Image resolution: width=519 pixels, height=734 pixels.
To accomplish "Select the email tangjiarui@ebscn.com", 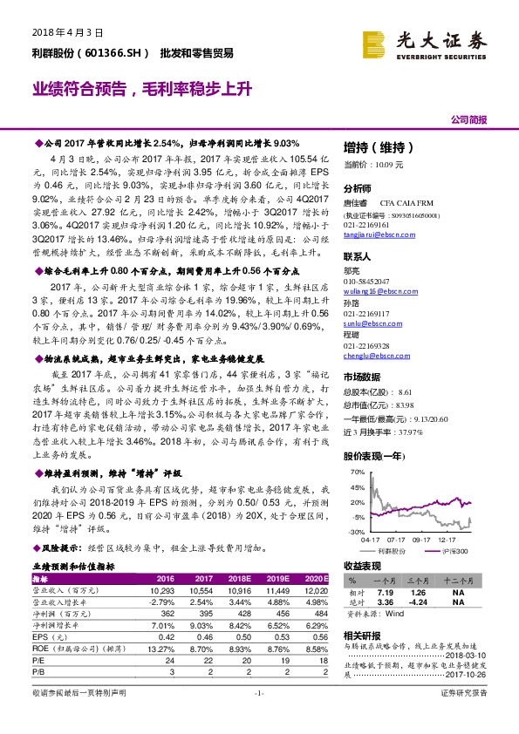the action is [375, 221].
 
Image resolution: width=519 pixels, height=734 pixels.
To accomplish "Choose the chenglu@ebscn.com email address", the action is [372, 355].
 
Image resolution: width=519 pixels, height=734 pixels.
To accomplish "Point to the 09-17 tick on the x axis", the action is [424, 540].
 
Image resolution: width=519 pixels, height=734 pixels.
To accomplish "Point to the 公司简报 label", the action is [468, 119].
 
